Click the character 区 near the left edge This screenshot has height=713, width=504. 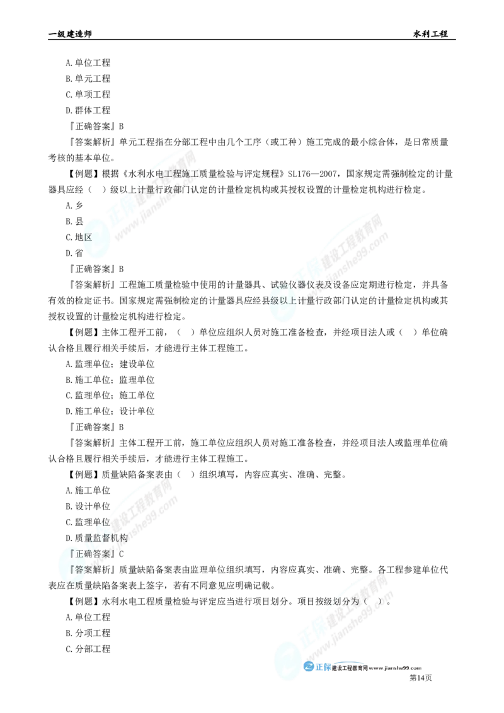pos(87,237)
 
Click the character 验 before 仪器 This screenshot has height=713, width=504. pos(284,285)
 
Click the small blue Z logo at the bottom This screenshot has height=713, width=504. pos(309,668)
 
